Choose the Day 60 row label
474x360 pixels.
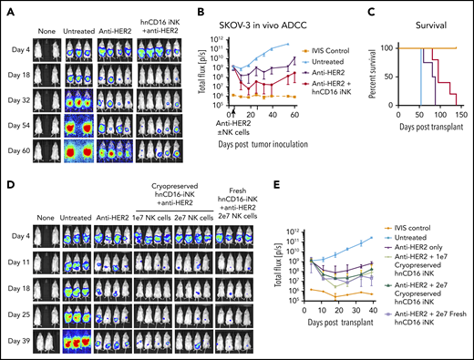pyautogui.click(x=21, y=147)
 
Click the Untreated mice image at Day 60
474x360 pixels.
pyautogui.click(x=83, y=147)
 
